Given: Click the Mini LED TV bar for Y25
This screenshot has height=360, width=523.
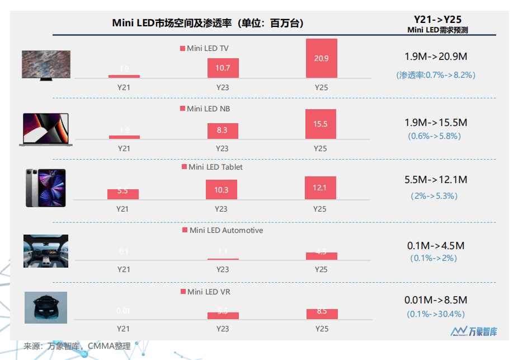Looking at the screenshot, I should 321,58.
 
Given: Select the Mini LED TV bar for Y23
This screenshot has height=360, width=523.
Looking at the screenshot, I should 223,68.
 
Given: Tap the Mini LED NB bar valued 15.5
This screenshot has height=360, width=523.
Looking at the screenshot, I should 321,124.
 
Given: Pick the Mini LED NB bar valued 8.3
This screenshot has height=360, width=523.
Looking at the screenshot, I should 223,130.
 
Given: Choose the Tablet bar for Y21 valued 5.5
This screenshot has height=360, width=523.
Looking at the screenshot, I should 123,194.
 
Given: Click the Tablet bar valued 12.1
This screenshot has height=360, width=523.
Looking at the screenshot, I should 321,188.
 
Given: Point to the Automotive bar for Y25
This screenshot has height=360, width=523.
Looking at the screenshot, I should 321,256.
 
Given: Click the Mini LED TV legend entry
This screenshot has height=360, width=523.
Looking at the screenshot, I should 204,49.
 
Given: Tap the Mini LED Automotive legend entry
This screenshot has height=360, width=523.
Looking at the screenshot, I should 222,230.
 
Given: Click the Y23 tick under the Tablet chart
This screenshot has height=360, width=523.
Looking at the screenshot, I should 222,209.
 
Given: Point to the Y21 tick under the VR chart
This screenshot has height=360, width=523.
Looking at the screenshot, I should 124,329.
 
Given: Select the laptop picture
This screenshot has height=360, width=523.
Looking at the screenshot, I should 46,129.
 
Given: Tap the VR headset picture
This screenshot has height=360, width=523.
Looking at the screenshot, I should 46,307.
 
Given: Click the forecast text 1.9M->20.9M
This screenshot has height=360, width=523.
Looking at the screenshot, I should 436,57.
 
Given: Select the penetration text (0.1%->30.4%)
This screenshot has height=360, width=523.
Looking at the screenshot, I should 436,314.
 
